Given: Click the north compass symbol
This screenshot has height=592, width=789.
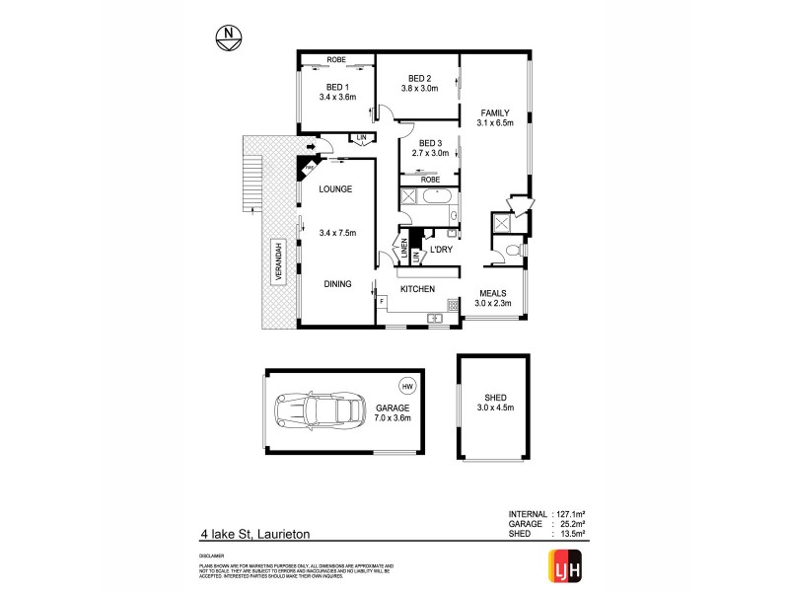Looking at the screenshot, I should (x=229, y=38).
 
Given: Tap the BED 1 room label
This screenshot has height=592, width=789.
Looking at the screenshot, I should (x=336, y=87).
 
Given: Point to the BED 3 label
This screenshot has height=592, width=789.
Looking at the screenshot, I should (x=432, y=142).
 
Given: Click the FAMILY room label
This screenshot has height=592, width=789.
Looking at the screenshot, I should (x=494, y=112).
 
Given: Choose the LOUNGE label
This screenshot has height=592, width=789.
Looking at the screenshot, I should (x=335, y=188).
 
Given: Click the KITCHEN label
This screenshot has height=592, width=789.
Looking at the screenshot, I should (x=418, y=288).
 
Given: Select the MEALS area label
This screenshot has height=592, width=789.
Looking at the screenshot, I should (x=493, y=293).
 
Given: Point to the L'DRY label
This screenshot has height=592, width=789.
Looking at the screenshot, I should (x=442, y=249).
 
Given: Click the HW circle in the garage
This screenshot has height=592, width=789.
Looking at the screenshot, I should (x=406, y=386).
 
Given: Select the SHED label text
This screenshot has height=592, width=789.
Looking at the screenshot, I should (x=490, y=396).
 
